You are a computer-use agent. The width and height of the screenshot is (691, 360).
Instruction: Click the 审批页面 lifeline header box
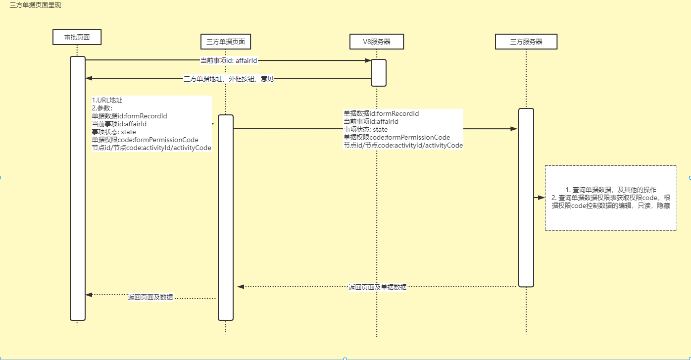point(77,37)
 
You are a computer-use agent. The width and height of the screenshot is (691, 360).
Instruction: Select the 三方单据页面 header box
point(226,42)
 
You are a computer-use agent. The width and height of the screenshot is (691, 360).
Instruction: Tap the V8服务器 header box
point(377,42)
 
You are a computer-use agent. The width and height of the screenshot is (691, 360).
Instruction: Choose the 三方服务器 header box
point(526,42)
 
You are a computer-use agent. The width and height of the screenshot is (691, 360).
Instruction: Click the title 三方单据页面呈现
point(36,5)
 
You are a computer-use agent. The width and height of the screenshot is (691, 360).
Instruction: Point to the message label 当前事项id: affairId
point(229,60)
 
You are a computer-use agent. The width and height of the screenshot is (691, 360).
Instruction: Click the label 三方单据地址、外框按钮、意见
point(229,78)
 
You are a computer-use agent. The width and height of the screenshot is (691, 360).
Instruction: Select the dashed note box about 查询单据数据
point(611,198)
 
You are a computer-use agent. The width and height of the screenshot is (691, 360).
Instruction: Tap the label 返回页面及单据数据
point(378,287)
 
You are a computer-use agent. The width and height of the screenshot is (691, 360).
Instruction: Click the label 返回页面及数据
point(150,297)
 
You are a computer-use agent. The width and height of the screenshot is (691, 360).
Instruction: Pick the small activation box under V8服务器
point(379,73)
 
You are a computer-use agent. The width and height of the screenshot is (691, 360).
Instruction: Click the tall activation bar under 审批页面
point(78,188)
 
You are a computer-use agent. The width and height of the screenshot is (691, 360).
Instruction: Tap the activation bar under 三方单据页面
point(226,218)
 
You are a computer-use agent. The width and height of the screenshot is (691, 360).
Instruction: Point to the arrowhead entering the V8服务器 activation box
point(368,60)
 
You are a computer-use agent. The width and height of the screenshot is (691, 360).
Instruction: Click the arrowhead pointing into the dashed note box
point(542,197)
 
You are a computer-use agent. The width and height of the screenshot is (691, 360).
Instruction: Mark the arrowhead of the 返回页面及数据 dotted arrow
point(89,295)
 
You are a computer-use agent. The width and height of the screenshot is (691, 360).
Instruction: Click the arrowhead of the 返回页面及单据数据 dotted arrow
point(241,286)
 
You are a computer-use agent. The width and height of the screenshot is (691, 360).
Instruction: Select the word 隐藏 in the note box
point(663,205)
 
